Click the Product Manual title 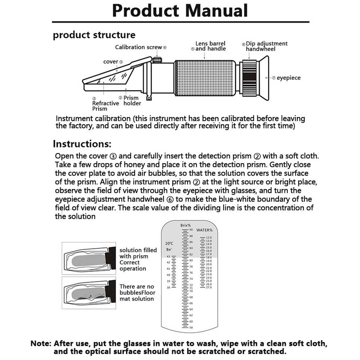tap(180, 10)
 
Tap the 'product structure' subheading tap(94, 35)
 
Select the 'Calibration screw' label tap(139, 47)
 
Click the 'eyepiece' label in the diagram tap(288, 78)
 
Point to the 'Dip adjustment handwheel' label tap(266, 46)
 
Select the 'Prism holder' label tap(132, 100)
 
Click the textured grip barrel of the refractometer tap(205, 78)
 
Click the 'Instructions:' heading tap(82, 144)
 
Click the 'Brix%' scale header tap(185, 225)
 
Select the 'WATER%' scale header tap(204, 230)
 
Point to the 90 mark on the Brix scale tap(191, 229)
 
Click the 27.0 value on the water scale tap(209, 288)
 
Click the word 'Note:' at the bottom tap(41, 343)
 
